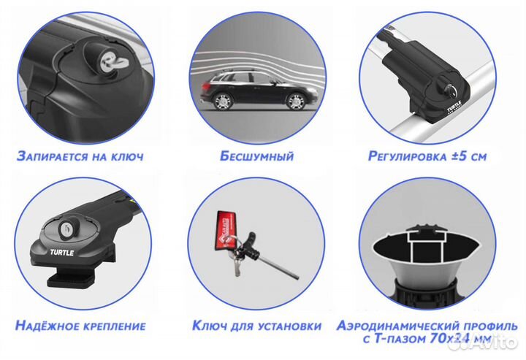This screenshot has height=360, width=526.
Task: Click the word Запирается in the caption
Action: coord(51,156)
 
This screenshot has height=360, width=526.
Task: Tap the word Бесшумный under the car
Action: coord(257,156)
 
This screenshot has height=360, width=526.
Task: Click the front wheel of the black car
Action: coord(296,101)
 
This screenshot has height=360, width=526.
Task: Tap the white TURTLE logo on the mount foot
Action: coord(61,253)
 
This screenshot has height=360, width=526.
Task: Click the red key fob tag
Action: coord(223,231)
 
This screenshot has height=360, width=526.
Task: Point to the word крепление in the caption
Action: coord(114,326)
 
